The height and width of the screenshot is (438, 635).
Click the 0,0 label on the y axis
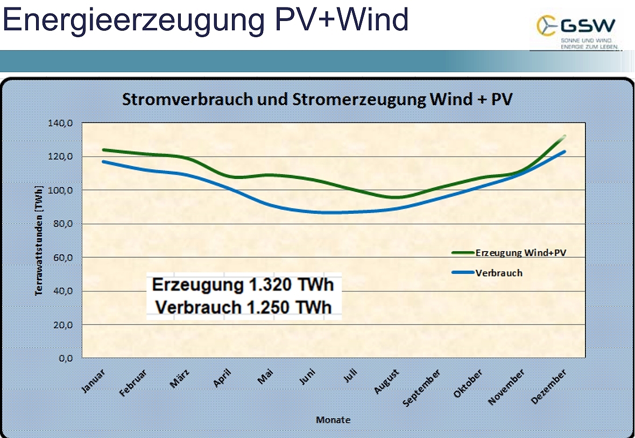pos(65,358)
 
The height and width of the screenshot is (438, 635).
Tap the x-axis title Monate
pos(333,420)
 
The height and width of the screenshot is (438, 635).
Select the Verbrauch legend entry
pos(499,273)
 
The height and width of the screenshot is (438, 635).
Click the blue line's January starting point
pos(103,162)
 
